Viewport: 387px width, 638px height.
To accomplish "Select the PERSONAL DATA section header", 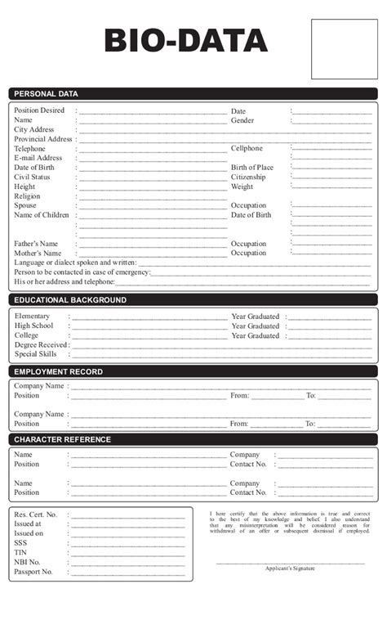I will pos(47,93).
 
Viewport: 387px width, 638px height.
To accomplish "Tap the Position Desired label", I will pos(39,110).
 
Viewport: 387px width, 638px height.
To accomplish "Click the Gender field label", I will pos(242,120).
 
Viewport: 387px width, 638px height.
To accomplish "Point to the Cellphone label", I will pos(247,149).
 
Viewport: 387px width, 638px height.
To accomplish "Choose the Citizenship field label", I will pos(248,177).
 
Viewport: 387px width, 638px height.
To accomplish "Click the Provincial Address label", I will pos(43,139).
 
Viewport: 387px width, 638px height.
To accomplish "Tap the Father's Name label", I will pos(36,244).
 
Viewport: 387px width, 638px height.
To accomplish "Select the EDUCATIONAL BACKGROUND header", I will pos(70,300).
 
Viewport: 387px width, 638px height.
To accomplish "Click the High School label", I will pos(33,326).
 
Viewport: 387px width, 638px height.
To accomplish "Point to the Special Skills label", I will pos(35,354).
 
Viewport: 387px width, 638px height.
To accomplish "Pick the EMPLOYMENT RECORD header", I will pos(59,372).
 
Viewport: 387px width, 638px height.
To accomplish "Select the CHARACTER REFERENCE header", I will pos(63,440).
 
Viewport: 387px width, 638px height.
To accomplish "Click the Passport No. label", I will pos(33,572).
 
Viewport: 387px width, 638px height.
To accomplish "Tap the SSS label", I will pos(20,543).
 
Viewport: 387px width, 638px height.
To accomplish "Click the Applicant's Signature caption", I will pos(290,568).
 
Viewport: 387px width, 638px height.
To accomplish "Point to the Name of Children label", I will pos(42,215).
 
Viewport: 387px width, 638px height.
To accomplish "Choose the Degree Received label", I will pos(41,345).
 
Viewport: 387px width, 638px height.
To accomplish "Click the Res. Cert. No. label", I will pos(36,514).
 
